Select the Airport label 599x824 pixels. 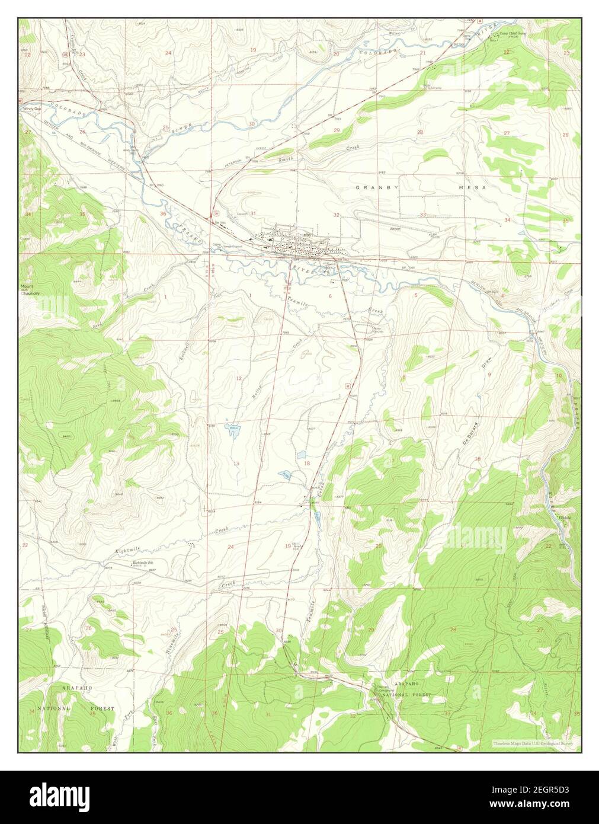[x=395, y=229]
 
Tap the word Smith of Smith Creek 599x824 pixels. [x=286, y=159]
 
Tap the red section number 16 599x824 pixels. [x=477, y=459]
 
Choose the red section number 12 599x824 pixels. [x=239, y=378]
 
